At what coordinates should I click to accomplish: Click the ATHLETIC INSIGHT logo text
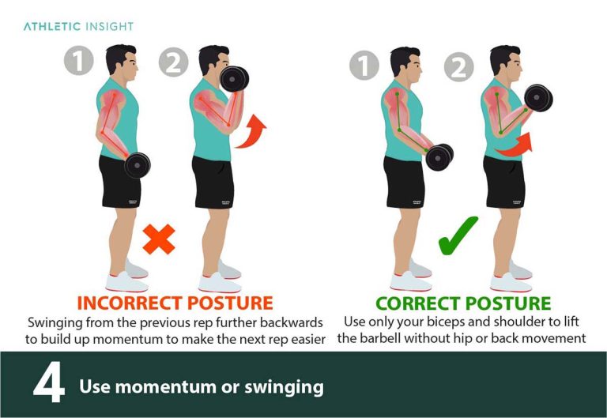[78, 26]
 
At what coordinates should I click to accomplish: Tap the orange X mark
[159, 238]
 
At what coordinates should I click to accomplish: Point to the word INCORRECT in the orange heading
[128, 303]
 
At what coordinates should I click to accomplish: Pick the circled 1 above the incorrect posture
[79, 61]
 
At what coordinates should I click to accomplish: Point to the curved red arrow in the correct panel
[514, 145]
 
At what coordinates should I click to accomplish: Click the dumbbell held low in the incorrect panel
[137, 164]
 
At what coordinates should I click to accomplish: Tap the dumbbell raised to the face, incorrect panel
[235, 79]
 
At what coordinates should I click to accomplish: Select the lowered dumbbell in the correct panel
[439, 156]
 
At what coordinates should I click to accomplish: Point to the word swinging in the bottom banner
[286, 387]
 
